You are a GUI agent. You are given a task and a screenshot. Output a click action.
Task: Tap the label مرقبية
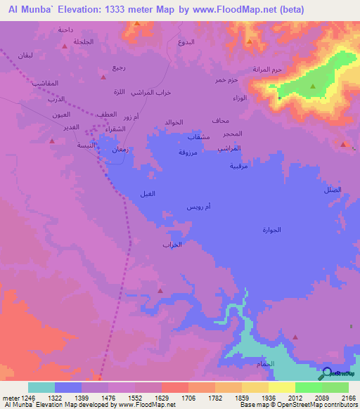click(239, 167)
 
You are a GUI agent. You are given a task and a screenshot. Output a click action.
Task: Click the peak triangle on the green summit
click(313, 86)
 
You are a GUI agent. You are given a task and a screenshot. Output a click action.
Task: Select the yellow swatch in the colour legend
click(282, 387)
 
